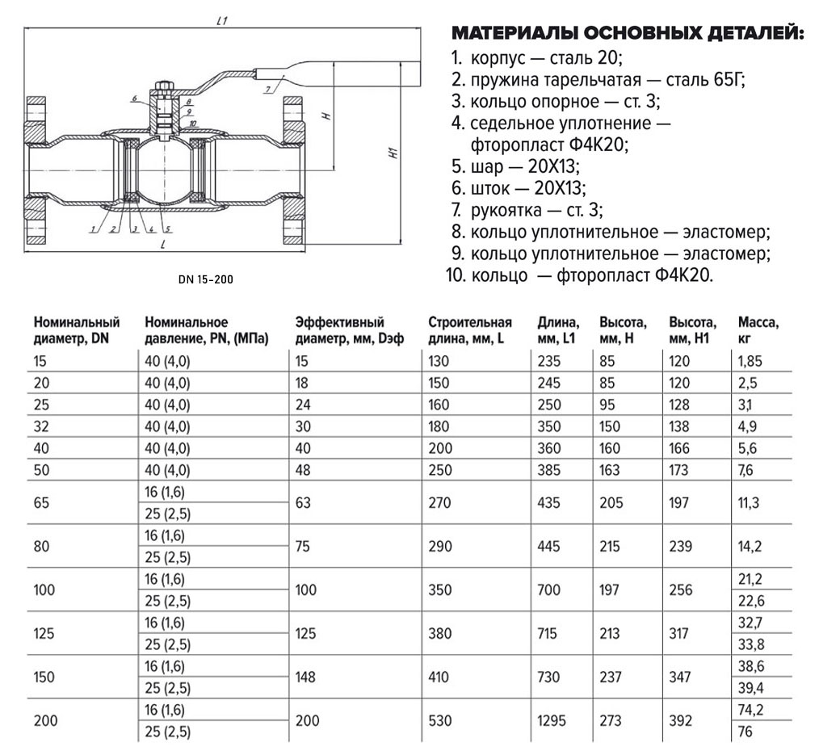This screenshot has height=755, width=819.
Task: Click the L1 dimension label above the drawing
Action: [223, 22]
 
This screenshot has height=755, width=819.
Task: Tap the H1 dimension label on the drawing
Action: [394, 153]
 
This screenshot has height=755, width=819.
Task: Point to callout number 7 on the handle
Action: [268, 90]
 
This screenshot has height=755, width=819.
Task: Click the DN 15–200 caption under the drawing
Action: [206, 279]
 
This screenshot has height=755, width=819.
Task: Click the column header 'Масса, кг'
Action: [758, 330]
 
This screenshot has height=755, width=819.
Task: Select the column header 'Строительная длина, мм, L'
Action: [470, 330]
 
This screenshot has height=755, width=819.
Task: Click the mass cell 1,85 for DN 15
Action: [750, 361]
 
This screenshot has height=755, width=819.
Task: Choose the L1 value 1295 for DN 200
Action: [552, 720]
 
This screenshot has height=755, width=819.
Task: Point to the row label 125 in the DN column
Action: [44, 633]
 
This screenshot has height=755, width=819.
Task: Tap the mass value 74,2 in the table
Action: [750, 710]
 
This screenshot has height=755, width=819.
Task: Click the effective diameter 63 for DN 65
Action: [303, 503]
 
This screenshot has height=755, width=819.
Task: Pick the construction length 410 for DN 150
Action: [439, 677]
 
